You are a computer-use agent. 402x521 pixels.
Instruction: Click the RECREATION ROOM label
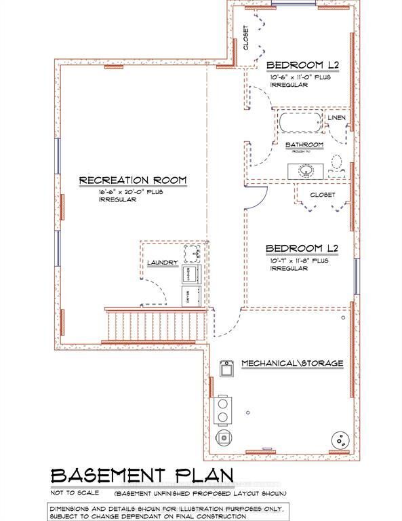click(x=132, y=180)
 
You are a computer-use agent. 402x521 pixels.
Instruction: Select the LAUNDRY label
click(x=162, y=263)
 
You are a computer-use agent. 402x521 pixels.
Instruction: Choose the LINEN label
click(x=337, y=118)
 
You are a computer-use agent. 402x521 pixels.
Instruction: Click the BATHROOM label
click(x=303, y=145)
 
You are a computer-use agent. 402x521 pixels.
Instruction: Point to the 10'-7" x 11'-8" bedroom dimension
click(x=298, y=260)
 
